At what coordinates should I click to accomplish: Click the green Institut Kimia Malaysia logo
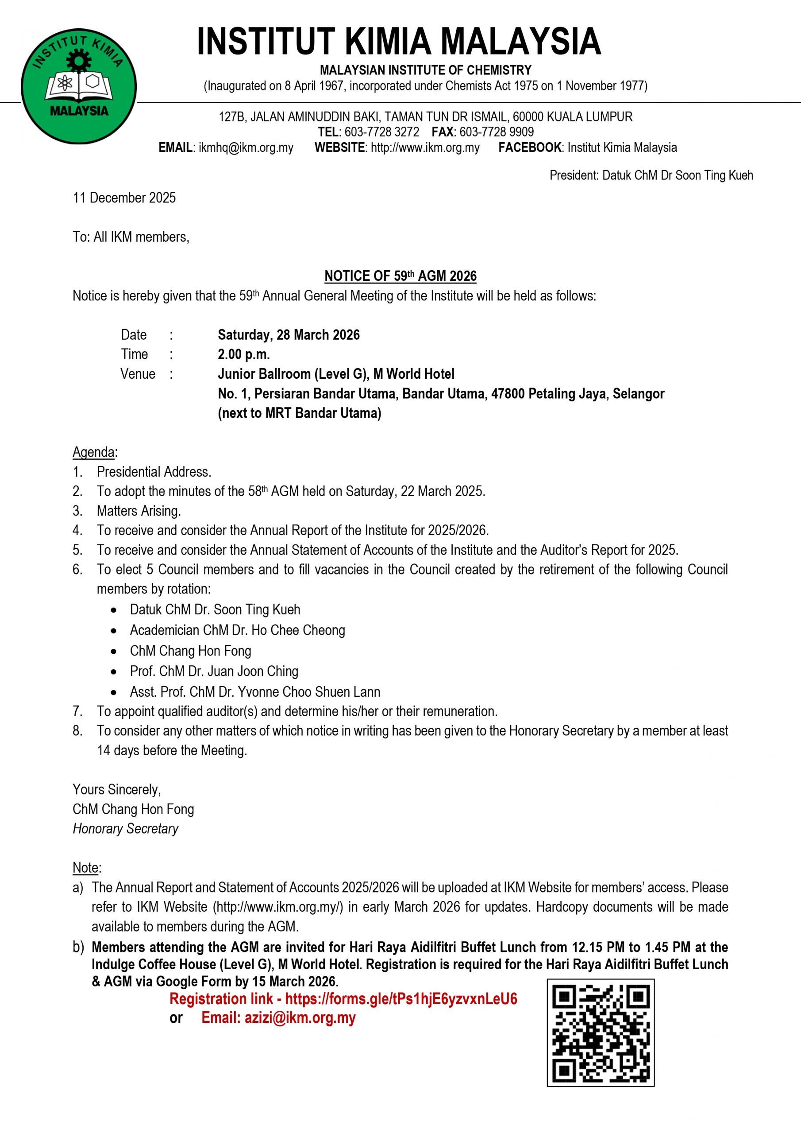(x=79, y=86)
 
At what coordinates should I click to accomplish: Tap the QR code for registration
(x=600, y=1032)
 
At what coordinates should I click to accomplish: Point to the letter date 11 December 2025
(x=124, y=198)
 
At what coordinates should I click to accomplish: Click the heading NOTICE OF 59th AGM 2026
(x=400, y=276)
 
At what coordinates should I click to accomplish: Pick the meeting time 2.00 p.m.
(x=244, y=354)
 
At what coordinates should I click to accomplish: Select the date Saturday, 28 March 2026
(x=289, y=335)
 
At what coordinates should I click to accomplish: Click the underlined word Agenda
(x=94, y=452)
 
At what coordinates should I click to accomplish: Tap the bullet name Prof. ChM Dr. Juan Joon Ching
(x=214, y=671)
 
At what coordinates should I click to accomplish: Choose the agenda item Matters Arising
(x=139, y=511)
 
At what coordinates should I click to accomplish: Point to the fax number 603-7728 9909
(x=497, y=132)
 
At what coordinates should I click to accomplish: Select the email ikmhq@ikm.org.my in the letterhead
(x=246, y=148)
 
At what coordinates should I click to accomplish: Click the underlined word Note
(x=86, y=868)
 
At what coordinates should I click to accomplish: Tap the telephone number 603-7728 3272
(x=381, y=132)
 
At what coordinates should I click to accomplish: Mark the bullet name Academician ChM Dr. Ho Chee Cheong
(x=237, y=630)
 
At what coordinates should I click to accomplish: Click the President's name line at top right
(x=651, y=175)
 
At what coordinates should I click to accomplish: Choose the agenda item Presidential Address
(x=154, y=472)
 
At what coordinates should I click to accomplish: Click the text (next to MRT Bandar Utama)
(x=300, y=413)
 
